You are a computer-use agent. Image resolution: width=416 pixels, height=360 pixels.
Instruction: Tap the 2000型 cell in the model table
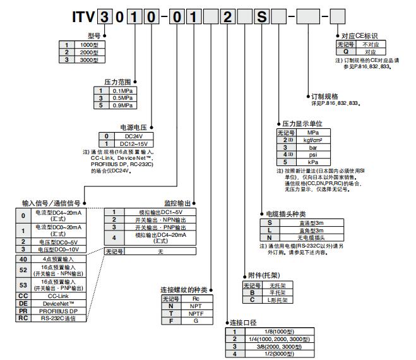pyautogui.click(x=88, y=52)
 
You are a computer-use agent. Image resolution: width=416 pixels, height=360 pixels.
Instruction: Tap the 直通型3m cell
pyautogui.click(x=313, y=222)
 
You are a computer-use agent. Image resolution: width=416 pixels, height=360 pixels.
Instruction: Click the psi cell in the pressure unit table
pyautogui.click(x=312, y=155)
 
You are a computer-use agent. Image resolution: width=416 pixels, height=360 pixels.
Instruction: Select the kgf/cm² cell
pyautogui.click(x=312, y=140)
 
